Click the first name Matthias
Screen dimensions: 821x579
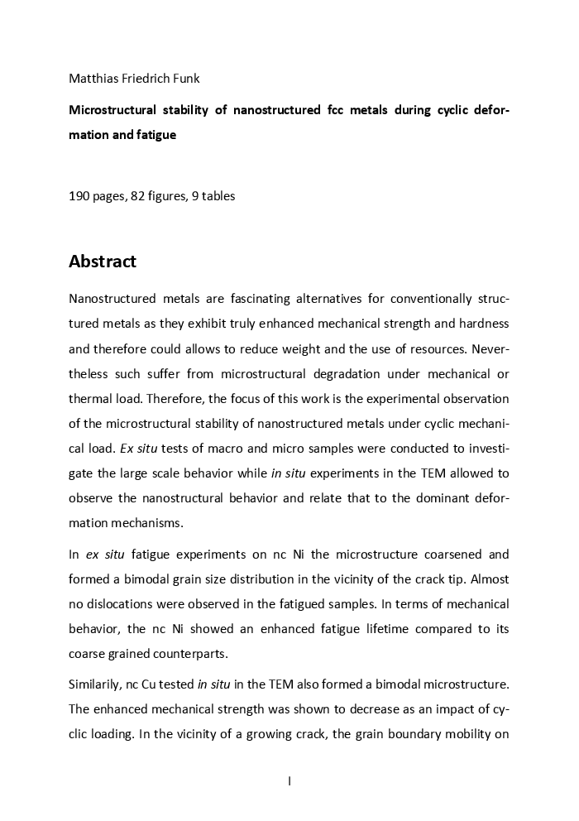(x=94, y=79)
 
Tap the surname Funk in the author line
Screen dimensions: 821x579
(x=184, y=79)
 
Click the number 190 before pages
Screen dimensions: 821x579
(x=79, y=196)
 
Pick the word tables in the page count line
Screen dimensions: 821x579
(x=218, y=196)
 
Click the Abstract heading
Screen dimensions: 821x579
(x=103, y=262)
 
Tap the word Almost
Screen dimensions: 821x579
(x=489, y=579)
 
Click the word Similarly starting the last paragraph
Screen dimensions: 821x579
(x=95, y=684)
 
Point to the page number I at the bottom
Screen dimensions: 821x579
(x=289, y=780)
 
